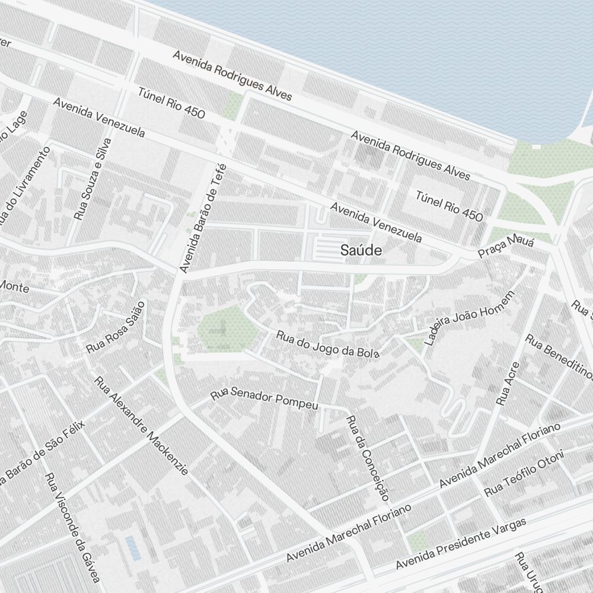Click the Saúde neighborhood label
361,251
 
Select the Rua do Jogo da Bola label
327,344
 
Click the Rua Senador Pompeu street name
265,398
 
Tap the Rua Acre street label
508,383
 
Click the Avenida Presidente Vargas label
461,543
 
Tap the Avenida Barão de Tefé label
203,218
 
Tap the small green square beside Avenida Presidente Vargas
418,540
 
